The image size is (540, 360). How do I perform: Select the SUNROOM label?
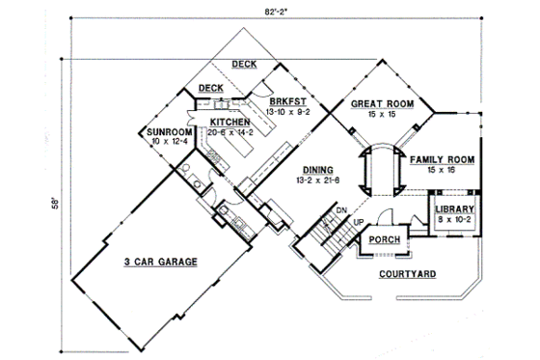tap(168, 131)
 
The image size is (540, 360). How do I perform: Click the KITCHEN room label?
tap(231, 123)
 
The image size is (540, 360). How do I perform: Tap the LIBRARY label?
tap(453, 208)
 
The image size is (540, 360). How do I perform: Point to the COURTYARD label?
tap(407, 274)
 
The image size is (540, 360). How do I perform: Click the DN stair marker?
tap(340, 211)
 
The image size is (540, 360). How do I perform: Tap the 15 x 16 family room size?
tap(440, 170)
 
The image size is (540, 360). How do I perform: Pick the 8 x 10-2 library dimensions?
tap(453, 219)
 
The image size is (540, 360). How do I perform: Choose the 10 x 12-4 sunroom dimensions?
tap(168, 142)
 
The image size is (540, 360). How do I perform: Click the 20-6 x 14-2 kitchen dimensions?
tap(231, 134)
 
